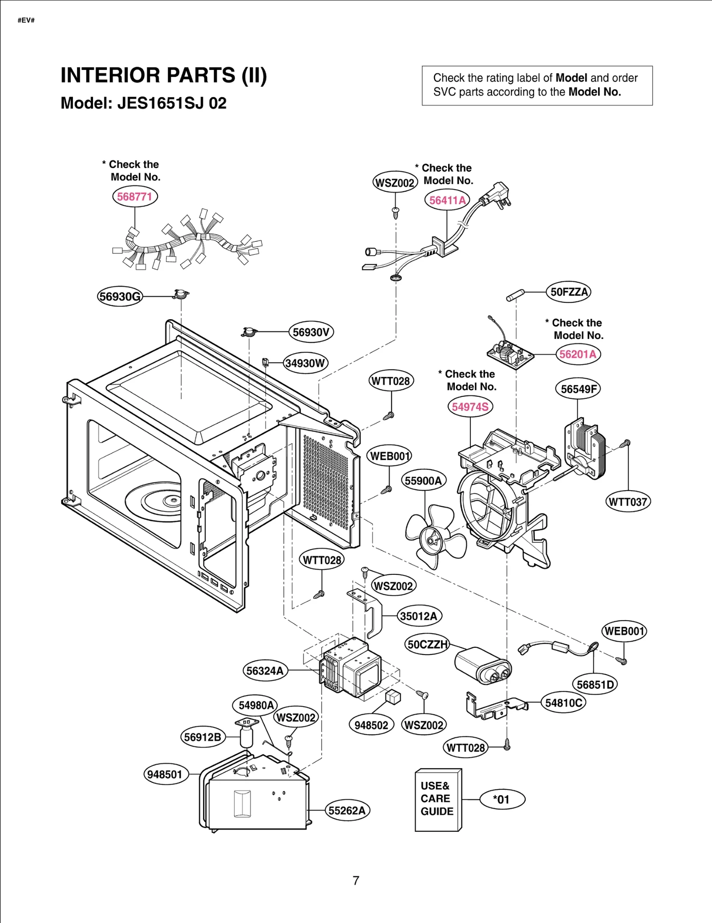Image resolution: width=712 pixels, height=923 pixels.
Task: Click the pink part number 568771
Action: tap(135, 196)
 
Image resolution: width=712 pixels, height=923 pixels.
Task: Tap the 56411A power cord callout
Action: tap(447, 200)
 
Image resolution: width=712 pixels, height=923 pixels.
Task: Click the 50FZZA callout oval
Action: tap(569, 292)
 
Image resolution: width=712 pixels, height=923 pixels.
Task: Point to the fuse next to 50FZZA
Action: tap(515, 296)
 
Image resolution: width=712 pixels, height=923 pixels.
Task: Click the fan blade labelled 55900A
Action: tap(434, 537)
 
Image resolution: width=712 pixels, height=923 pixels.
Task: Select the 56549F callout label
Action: tap(578, 389)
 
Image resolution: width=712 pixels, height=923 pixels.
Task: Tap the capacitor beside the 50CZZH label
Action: tap(483, 665)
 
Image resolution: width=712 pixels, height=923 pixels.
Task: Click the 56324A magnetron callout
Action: tap(265, 671)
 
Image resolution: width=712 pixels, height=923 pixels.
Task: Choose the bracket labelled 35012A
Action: tap(369, 613)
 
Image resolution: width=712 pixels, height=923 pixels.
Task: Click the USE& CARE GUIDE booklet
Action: tap(438, 799)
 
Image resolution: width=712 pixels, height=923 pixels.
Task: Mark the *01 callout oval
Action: tap(502, 799)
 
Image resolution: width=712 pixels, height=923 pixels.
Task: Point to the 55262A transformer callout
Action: tap(347, 810)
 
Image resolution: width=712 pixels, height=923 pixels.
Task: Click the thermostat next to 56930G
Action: tap(181, 294)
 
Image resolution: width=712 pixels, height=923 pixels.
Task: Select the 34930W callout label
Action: tap(305, 363)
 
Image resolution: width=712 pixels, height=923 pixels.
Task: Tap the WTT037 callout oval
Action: tap(628, 502)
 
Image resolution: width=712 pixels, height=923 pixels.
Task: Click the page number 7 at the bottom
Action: tap(356, 880)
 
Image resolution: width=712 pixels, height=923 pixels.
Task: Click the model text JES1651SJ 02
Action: tap(172, 103)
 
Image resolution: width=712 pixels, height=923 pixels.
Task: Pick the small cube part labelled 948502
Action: tap(393, 696)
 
